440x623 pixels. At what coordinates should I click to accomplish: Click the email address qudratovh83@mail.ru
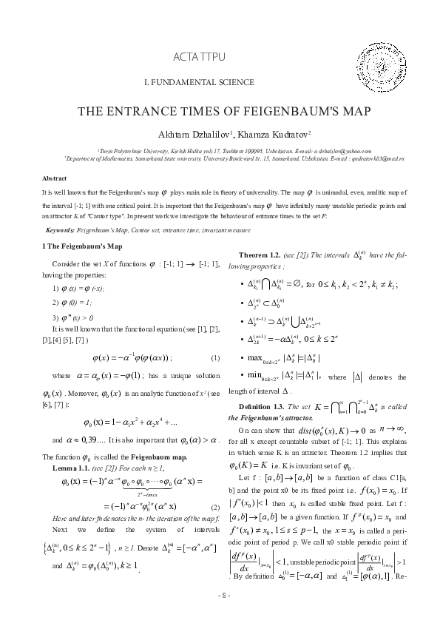pos(381,158)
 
